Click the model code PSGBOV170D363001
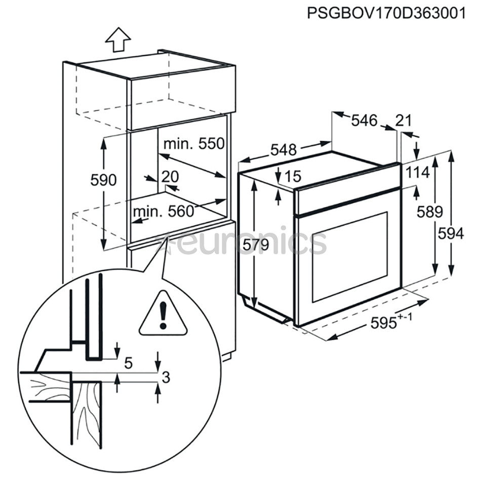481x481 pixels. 386,13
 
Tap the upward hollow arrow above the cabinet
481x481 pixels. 118,39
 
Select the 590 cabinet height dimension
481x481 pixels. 103,180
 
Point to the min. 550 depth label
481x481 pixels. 194,144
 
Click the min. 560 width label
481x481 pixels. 164,211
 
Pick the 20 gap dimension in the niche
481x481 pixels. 170,177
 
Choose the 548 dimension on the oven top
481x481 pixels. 284,150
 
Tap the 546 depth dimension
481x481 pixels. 364,121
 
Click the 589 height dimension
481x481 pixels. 429,212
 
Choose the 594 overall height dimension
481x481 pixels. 451,234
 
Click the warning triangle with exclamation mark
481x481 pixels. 163,313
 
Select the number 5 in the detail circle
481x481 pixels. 129,363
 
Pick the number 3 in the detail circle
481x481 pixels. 166,378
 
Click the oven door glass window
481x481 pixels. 350,257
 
